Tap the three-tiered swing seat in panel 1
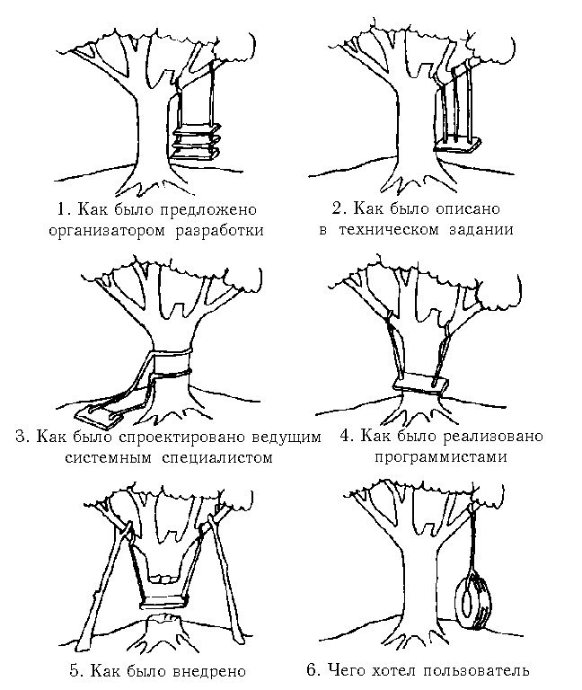pos(197,142)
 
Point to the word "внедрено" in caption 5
pos(208,670)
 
